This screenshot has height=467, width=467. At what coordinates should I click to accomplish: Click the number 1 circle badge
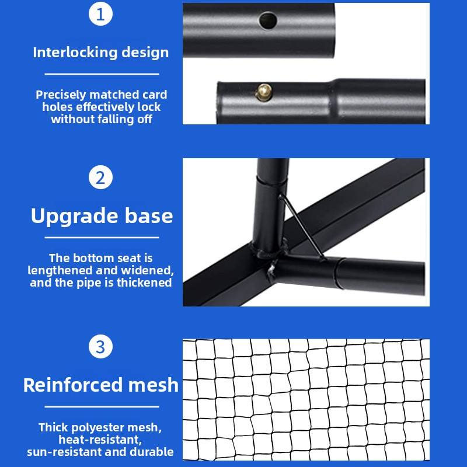click(100, 15)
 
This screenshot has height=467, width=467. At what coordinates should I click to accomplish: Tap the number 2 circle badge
click(100, 177)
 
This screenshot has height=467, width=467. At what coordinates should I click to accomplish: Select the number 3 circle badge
click(100, 347)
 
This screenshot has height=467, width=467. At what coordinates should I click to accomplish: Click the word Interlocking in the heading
click(75, 53)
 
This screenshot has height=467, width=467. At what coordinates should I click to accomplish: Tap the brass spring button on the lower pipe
click(264, 91)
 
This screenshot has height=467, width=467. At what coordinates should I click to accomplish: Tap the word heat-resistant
click(100, 440)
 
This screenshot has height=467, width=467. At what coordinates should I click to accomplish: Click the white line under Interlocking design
click(102, 74)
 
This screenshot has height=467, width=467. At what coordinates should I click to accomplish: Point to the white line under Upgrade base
click(102, 238)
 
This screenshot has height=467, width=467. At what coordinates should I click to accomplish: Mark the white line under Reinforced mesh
click(102, 406)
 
